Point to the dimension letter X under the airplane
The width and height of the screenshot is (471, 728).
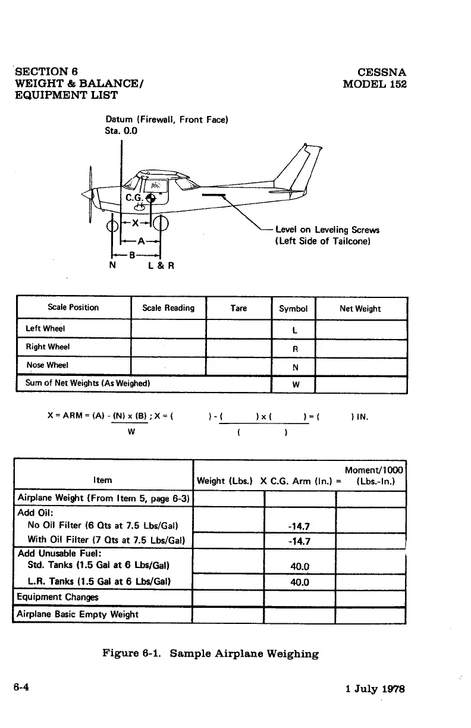point(136,223)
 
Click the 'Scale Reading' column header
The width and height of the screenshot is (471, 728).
point(168,308)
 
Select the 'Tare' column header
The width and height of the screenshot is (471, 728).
point(238,308)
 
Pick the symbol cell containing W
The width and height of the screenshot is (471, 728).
point(293,385)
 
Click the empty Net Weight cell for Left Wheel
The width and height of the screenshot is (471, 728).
point(361,329)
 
